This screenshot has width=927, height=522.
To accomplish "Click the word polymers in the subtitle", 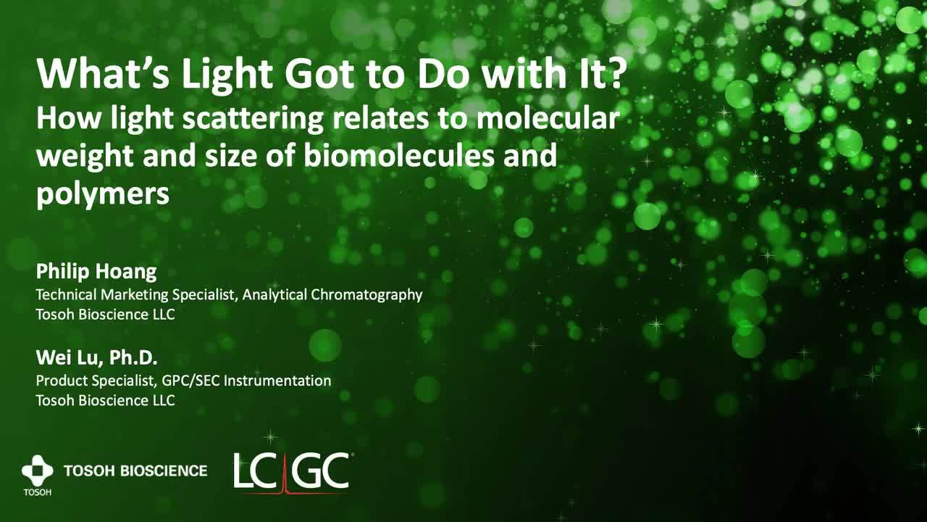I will [102, 194].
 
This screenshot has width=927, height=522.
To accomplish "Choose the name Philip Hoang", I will [96, 272].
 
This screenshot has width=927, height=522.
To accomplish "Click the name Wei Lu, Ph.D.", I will [96, 357].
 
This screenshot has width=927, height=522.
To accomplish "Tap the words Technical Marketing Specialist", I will [137, 294].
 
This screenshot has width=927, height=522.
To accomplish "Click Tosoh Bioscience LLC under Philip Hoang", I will [105, 315].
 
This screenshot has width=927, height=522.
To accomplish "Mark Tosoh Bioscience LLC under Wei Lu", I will [105, 400].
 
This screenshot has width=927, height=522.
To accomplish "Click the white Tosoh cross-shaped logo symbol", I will [37, 471].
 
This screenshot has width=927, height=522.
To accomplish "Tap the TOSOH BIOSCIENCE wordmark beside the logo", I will [135, 471].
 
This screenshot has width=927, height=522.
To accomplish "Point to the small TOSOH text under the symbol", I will [37, 493].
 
